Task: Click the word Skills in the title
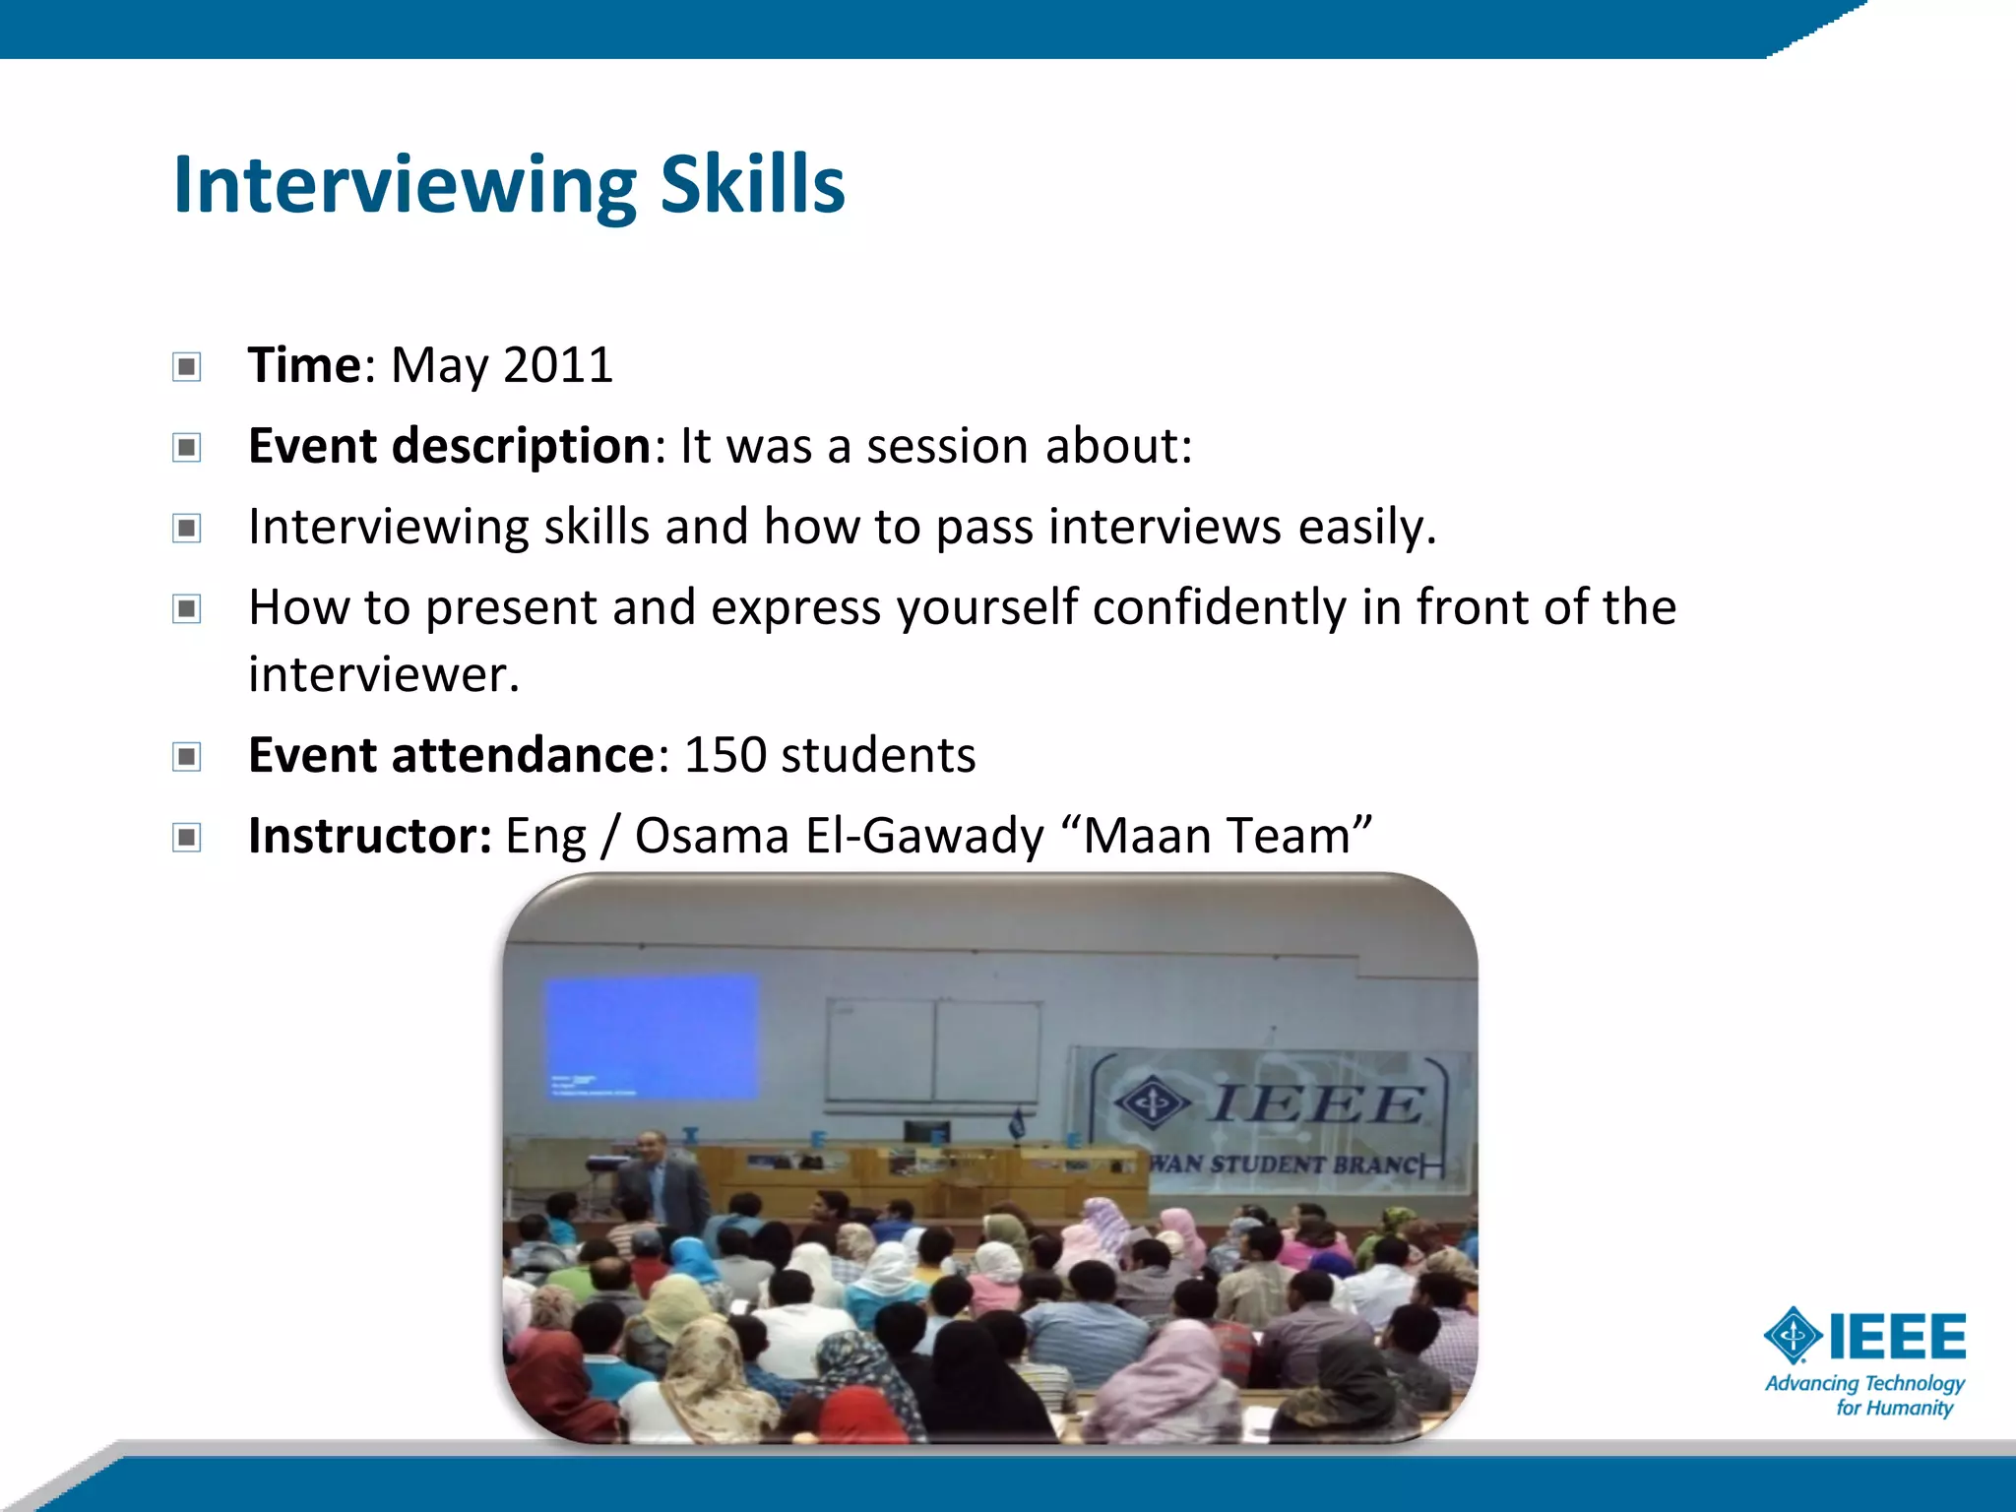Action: tap(752, 185)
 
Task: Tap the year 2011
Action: tap(558, 365)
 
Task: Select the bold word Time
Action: tap(305, 365)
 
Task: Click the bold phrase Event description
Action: tap(449, 446)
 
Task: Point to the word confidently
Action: tap(1219, 607)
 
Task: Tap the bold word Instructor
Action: tap(369, 836)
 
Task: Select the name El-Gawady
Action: tap(923, 836)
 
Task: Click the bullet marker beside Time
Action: tap(186, 367)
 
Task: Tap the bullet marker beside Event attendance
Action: tap(186, 757)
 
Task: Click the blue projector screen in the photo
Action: tap(652, 1036)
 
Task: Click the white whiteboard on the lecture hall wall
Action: tap(932, 1051)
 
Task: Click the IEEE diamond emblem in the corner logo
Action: tap(1793, 1336)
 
